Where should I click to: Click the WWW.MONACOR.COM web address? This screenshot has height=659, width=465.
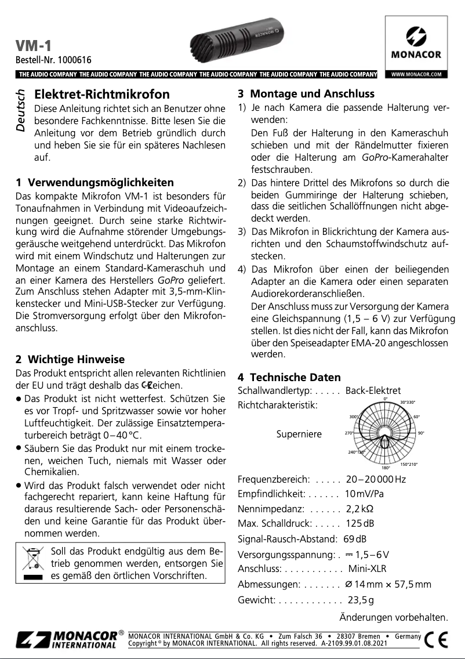[416, 74]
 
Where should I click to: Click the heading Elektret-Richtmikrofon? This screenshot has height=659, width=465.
[102, 94]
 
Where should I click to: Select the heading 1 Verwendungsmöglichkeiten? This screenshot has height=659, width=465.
[95, 183]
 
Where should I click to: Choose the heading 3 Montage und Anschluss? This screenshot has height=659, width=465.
[306, 94]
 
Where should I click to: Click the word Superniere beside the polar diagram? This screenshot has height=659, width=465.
[299, 434]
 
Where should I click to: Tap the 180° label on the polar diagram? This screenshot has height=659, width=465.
[386, 468]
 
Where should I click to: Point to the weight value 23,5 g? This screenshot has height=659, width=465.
[360, 600]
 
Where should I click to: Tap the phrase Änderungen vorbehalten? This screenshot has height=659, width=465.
[394, 617]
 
